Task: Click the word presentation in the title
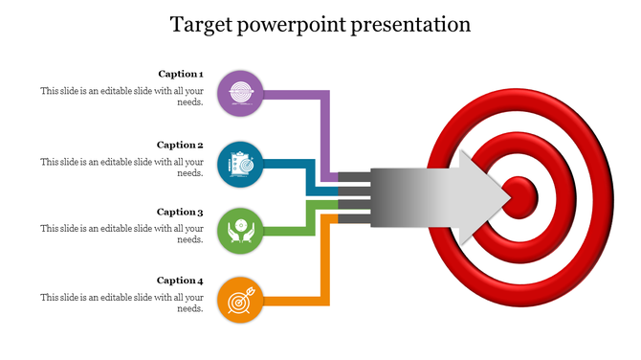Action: click(x=411, y=25)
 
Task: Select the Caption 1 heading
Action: click(x=180, y=74)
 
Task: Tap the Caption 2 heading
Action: click(x=180, y=146)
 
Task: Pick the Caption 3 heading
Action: click(x=180, y=213)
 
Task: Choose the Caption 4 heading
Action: click(x=180, y=281)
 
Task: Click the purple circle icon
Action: click(x=240, y=94)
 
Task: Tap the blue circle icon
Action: click(x=240, y=164)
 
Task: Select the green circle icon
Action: click(x=240, y=231)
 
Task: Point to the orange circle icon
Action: click(x=240, y=300)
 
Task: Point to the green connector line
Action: click(x=287, y=231)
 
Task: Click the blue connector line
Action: click(x=287, y=164)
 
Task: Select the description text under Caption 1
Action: click(x=122, y=96)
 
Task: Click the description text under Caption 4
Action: click(x=122, y=303)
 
